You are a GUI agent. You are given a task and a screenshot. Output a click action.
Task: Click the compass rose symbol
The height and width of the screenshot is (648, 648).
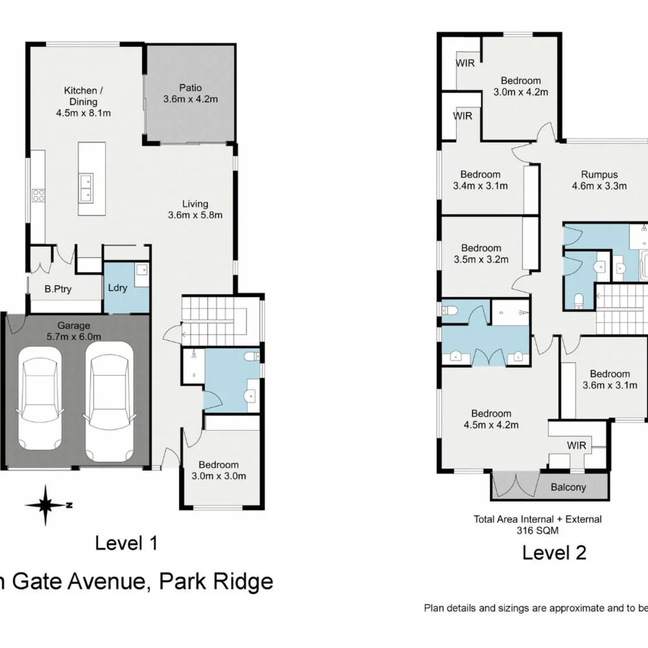pos(46,505)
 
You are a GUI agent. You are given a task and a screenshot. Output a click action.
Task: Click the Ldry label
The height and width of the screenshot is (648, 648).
pos(118,288)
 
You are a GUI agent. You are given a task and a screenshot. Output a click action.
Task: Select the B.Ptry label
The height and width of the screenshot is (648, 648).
pos(58,289)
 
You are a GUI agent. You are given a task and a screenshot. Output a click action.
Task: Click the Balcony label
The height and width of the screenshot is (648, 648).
pos(568,487)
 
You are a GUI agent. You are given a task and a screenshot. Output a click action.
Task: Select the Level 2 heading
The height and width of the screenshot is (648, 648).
pos(554,552)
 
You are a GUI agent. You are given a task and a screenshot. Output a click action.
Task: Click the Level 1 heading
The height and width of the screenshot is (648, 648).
pos(126,544)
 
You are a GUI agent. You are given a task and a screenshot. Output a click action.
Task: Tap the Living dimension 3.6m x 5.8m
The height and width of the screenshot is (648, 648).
pos(195,215)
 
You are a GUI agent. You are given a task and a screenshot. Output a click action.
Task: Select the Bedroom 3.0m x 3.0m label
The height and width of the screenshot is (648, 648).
pos(218,470)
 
